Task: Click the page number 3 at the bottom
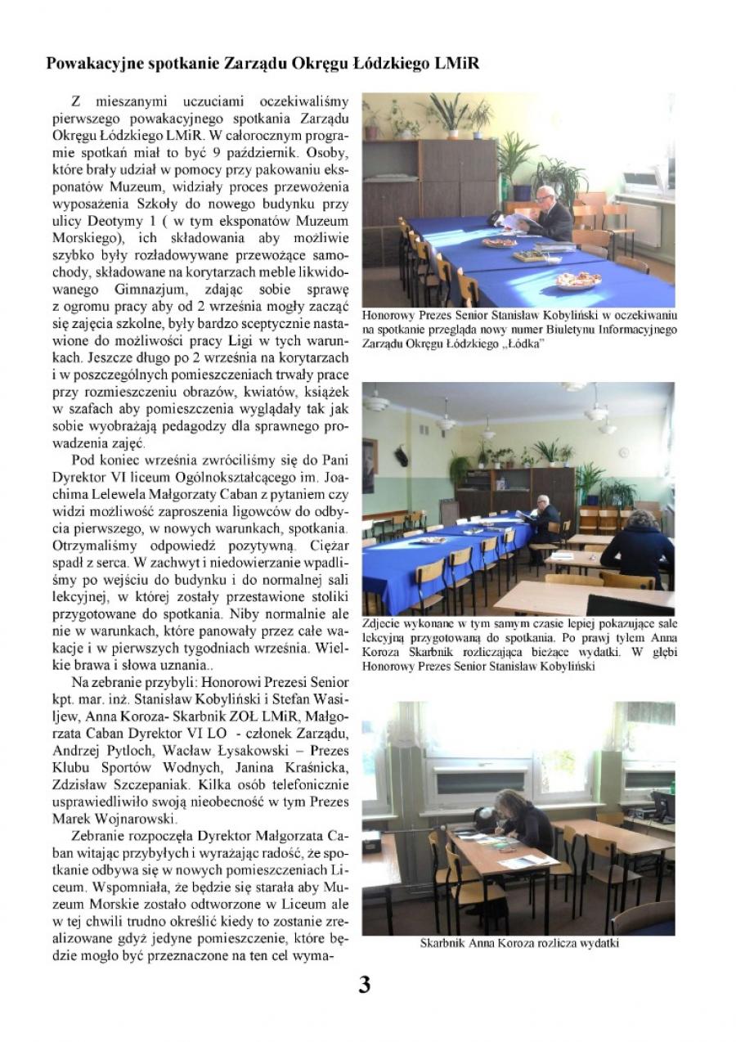point(365,986)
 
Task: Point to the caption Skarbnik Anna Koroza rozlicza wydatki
point(519,943)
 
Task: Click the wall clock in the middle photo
point(624,452)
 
